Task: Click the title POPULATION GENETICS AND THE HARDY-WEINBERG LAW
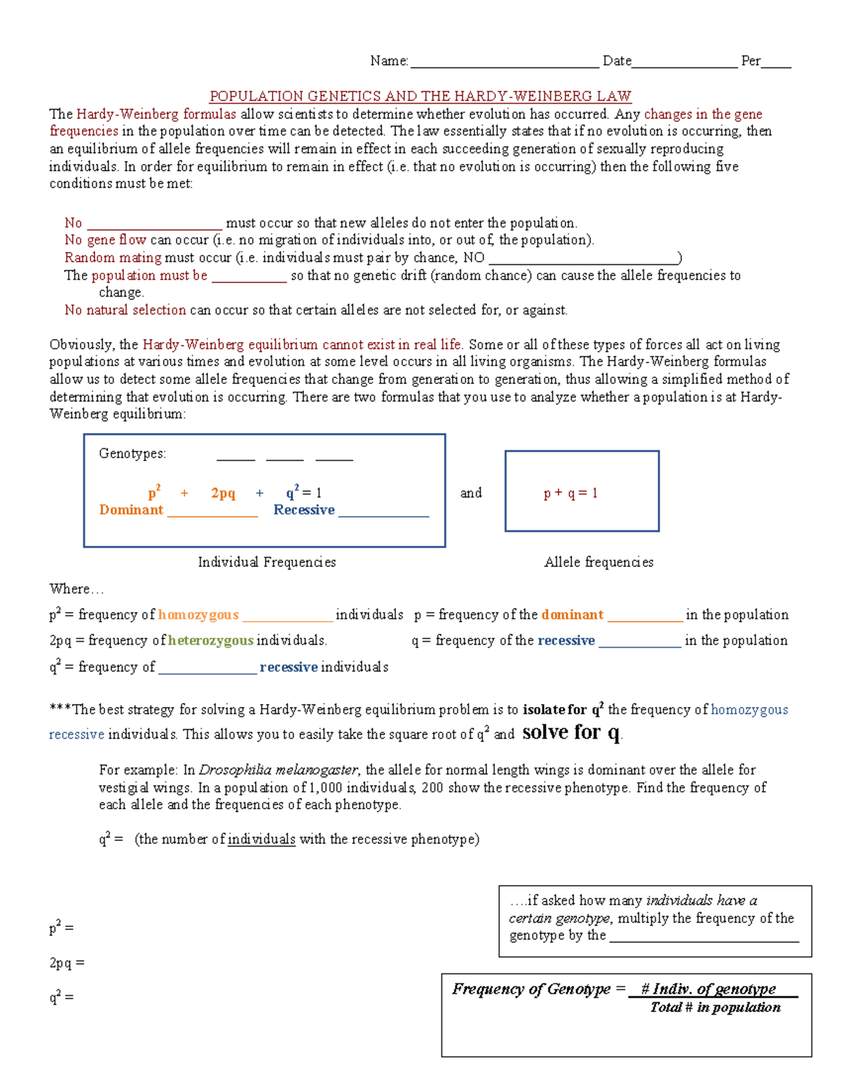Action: (x=420, y=96)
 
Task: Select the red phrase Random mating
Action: (x=113, y=257)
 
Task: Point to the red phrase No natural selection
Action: (x=125, y=310)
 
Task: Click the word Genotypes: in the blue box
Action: (x=132, y=453)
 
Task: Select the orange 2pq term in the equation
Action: (x=223, y=493)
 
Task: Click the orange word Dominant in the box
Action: (x=131, y=510)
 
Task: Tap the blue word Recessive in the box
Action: (x=303, y=510)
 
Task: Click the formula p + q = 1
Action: (x=570, y=493)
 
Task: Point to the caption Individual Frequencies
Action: (x=266, y=562)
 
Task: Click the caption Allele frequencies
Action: (x=599, y=562)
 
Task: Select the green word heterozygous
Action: (x=210, y=641)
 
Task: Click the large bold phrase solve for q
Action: (x=571, y=732)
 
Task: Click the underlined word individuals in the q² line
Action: (x=261, y=840)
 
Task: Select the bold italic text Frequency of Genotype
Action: (x=531, y=989)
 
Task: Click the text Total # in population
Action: (x=715, y=1008)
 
